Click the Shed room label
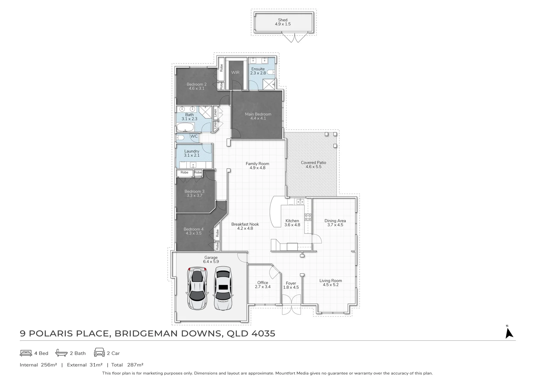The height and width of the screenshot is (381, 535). [283, 20]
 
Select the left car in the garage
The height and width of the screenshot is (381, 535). [197, 288]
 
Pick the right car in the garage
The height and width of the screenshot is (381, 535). [223, 288]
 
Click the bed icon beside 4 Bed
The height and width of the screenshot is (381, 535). [26, 353]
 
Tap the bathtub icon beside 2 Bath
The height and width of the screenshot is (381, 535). [61, 353]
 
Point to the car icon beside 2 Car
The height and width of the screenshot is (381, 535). [99, 353]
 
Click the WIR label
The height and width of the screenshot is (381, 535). [235, 73]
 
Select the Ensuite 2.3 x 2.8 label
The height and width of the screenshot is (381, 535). [258, 71]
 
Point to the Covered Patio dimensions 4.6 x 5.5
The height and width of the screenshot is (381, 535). [313, 167]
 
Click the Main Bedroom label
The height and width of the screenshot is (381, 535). [258, 114]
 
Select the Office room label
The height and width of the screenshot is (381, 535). [263, 283]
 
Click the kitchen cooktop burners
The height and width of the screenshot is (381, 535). [308, 217]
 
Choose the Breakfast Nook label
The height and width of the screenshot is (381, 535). [245, 224]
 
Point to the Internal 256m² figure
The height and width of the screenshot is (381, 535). [38, 365]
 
